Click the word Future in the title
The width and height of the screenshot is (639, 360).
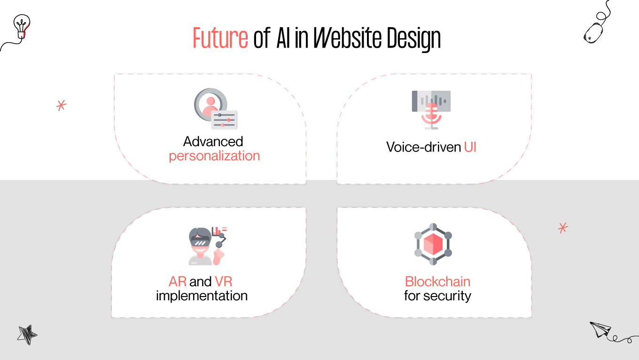point(220,39)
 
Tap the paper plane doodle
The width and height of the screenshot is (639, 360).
point(600,329)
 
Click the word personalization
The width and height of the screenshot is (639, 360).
point(214,156)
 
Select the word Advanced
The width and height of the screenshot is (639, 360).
point(213,141)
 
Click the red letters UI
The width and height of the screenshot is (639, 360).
point(470,147)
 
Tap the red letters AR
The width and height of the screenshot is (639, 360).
point(178,282)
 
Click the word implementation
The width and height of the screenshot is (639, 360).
point(202,296)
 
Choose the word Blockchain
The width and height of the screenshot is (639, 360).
point(437,282)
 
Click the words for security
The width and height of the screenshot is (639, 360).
point(437,296)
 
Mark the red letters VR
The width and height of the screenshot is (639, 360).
point(224,282)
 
